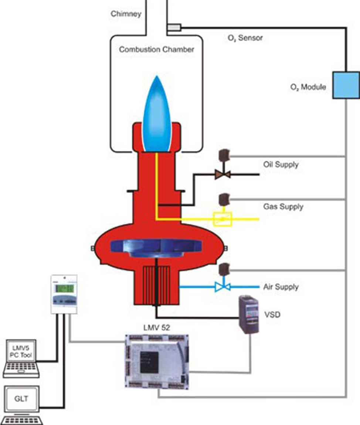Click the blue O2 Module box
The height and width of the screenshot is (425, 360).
coord(346,85)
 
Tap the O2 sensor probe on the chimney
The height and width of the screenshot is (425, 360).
coord(174,27)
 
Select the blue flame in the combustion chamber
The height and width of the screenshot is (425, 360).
coord(157,114)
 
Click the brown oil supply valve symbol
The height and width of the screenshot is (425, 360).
coord(223,174)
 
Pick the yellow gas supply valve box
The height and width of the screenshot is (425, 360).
coord(223,219)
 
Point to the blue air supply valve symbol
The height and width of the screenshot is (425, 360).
coord(223,287)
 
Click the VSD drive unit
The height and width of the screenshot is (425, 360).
coord(248,314)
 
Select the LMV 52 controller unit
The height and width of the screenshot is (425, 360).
coord(157,362)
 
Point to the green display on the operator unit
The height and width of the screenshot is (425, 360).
coord(64,288)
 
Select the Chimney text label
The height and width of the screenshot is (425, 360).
coord(126,14)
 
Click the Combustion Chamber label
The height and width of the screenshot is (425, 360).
coord(157,49)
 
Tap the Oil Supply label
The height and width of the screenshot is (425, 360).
coord(281,165)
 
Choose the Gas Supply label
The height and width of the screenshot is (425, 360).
coord(283,207)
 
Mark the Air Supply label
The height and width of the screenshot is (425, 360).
coord(281,287)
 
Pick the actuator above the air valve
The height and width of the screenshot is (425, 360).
coord(224,269)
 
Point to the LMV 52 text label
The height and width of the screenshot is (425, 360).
coord(157,328)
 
